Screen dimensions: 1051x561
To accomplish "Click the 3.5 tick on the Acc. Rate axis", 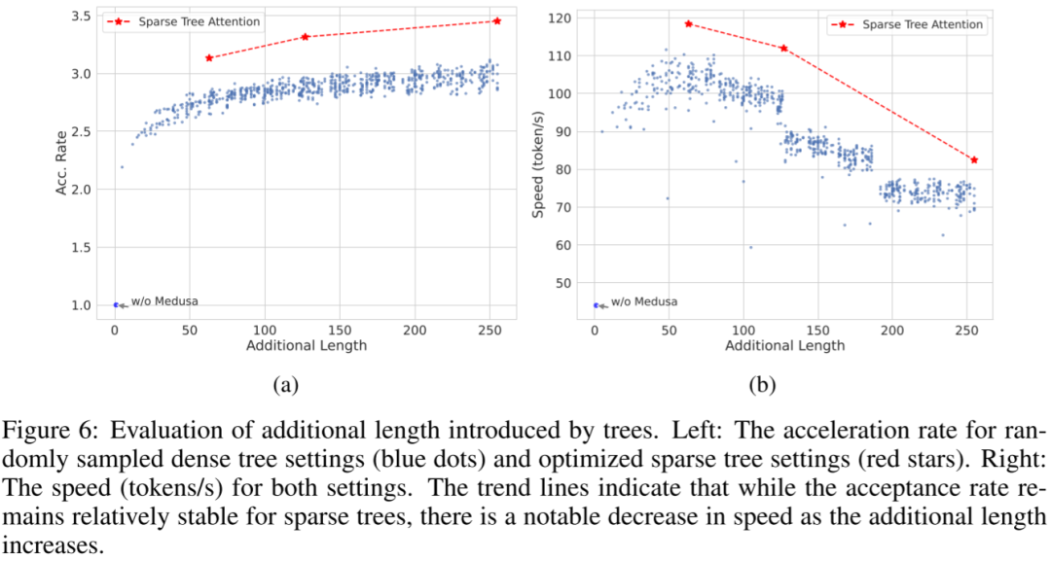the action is tap(83, 17).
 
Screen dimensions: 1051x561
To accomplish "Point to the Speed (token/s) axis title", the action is tap(537, 164).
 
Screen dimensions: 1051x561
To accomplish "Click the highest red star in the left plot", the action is tap(496, 21).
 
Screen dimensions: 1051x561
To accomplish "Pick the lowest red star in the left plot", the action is tap(209, 58).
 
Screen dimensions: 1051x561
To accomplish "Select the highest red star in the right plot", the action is tap(688, 24).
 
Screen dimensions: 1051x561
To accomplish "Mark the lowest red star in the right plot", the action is tap(974, 160).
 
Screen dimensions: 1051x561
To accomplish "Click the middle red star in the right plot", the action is tap(783, 49).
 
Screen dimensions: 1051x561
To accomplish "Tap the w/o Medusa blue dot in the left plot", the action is tap(115, 305).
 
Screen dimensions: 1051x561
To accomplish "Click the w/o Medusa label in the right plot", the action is tap(644, 302).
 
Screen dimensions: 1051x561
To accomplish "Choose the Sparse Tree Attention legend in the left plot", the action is tap(183, 22).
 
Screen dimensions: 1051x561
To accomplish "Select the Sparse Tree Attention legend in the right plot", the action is tap(907, 24).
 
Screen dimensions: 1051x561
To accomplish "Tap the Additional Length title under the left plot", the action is tap(307, 346).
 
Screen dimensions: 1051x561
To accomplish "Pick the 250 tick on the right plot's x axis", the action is tap(966, 331).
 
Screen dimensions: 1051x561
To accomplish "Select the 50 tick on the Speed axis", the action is tap(563, 284).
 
